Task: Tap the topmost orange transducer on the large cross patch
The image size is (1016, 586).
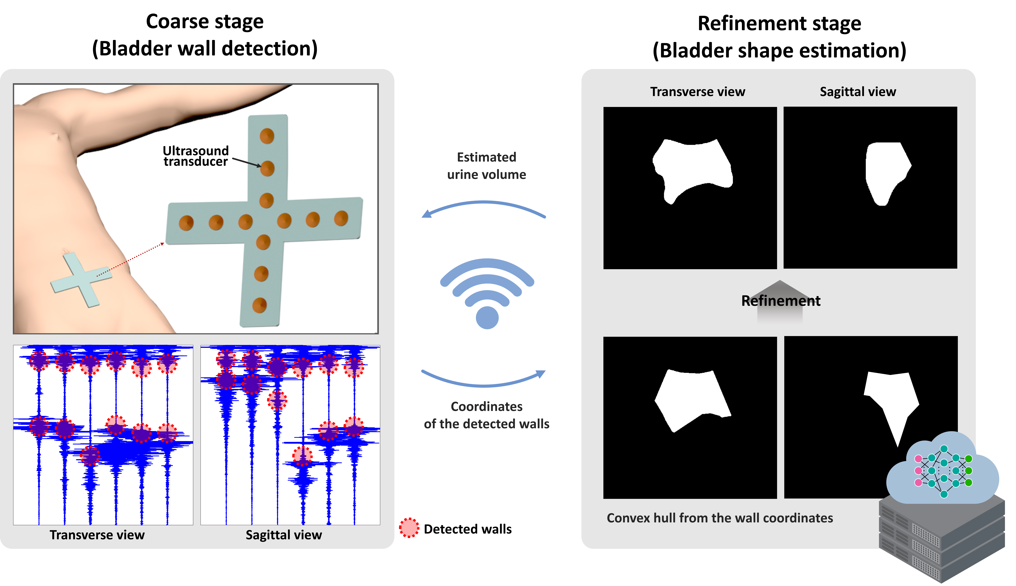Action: [267, 136]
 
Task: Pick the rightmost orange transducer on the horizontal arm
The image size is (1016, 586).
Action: [341, 218]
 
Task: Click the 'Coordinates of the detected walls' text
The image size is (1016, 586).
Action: [487, 415]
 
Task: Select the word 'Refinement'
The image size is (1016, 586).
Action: [780, 301]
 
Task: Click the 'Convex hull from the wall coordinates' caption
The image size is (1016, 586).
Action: [720, 518]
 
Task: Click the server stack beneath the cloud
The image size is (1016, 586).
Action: [941, 539]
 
